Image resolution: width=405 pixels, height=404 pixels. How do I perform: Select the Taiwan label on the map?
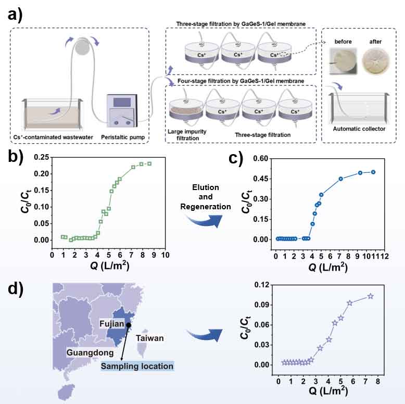pyautogui.click(x=150, y=338)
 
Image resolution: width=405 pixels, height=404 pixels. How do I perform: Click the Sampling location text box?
pyautogui.click(x=137, y=366)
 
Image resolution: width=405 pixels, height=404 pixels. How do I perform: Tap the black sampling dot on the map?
pyautogui.click(x=129, y=324)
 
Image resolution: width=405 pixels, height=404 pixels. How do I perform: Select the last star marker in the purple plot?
pyautogui.click(x=371, y=296)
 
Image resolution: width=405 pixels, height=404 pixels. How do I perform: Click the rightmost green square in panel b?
pyautogui.click(x=149, y=163)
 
